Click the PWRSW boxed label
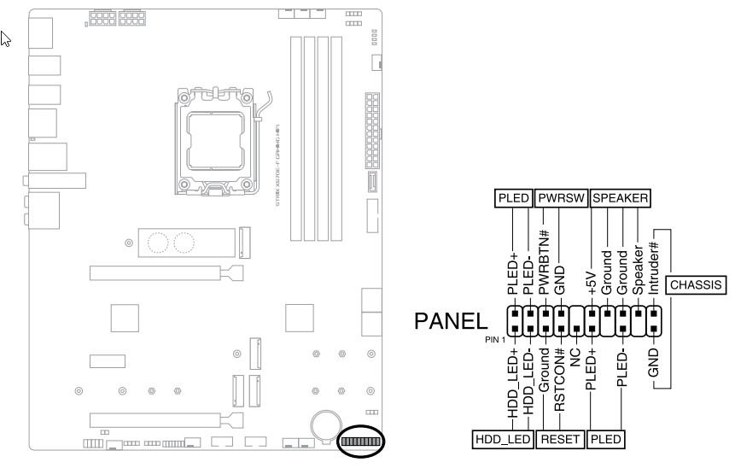tap(561, 198)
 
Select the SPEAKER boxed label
tap(620, 198)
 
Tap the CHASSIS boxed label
tap(697, 284)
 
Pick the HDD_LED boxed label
tap(503, 441)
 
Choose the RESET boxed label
tap(561, 441)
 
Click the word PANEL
tap(452, 321)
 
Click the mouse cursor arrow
tap(5, 38)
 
